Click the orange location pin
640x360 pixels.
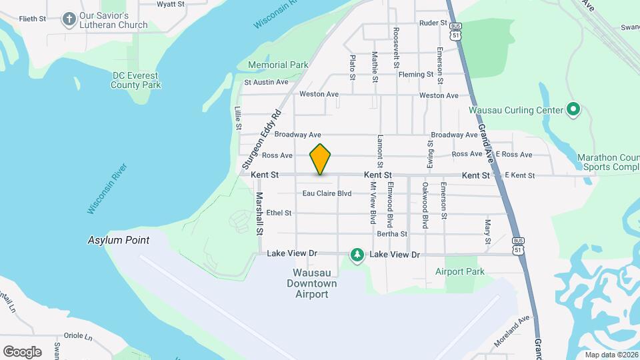pyautogui.click(x=321, y=159)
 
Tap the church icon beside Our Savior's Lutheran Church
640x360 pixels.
pyautogui.click(x=69, y=19)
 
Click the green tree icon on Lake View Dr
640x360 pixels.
pyautogui.click(x=358, y=255)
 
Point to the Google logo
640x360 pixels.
pyautogui.click(x=22, y=351)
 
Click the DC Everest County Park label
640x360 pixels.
pyautogui.click(x=136, y=80)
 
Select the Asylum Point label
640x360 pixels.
pyautogui.click(x=118, y=240)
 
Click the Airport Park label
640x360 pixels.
pyautogui.click(x=459, y=271)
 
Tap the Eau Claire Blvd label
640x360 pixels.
pyautogui.click(x=327, y=193)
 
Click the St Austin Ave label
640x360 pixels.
pyautogui.click(x=266, y=82)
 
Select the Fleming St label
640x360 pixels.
pyautogui.click(x=416, y=74)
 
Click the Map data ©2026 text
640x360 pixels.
pyautogui.click(x=610, y=355)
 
